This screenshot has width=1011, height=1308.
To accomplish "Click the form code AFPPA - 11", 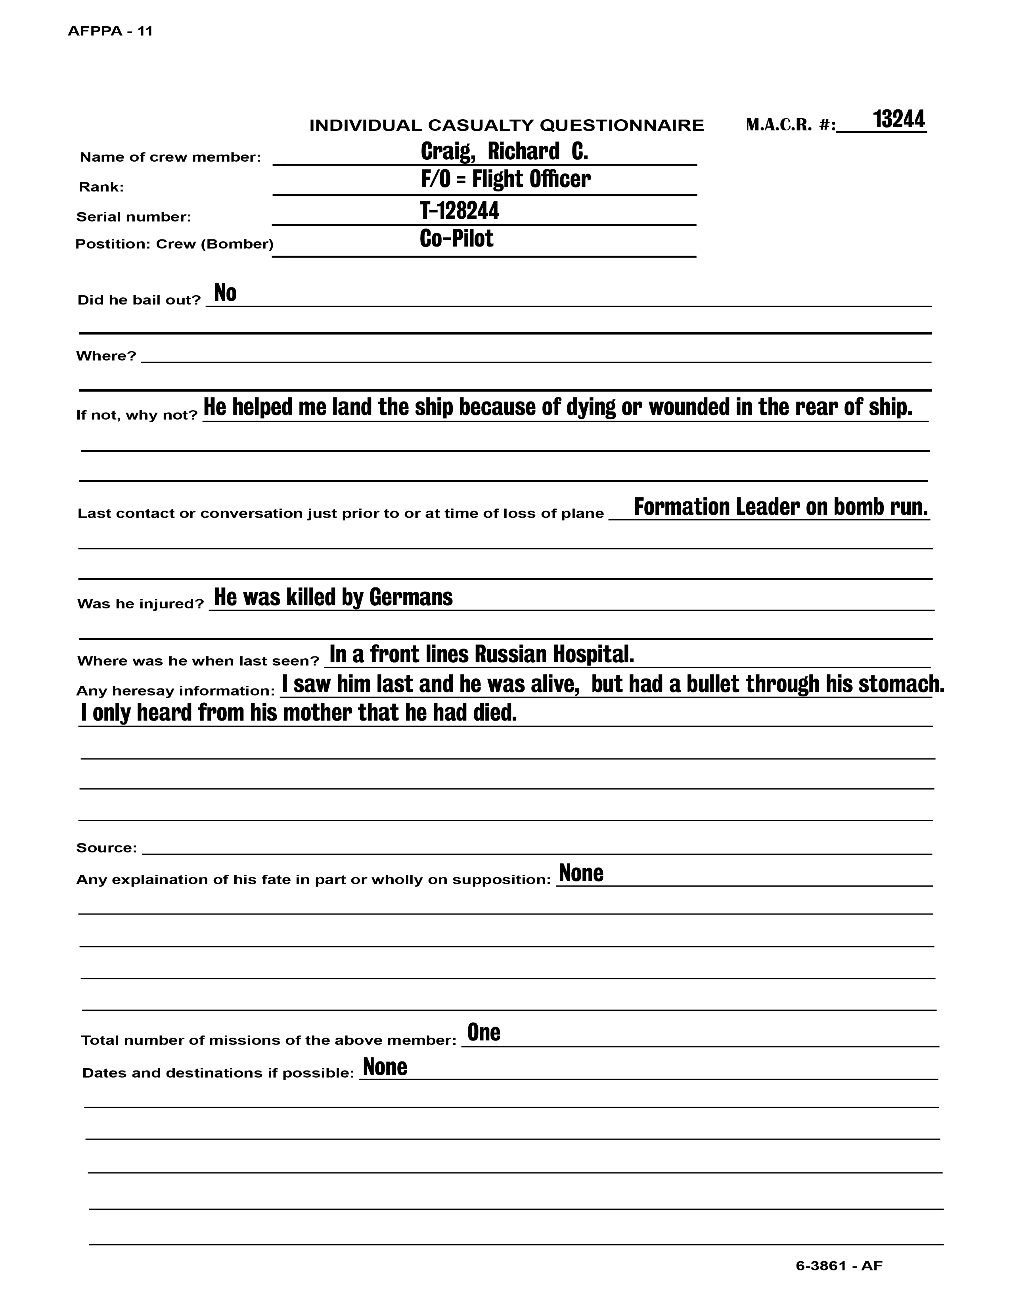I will pyautogui.click(x=110, y=31).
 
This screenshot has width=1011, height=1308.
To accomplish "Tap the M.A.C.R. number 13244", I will pyautogui.click(x=898, y=119).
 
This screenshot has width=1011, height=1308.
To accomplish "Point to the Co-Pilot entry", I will pyautogui.click(x=456, y=238).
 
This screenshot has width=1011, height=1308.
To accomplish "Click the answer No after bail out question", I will pyautogui.click(x=225, y=293).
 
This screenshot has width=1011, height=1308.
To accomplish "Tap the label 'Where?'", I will pyautogui.click(x=106, y=356).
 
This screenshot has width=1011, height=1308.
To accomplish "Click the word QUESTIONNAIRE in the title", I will pyautogui.click(x=622, y=126).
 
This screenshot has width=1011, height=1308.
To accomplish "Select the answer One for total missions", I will pyautogui.click(x=483, y=1033).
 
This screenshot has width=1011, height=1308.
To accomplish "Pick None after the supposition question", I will pyautogui.click(x=581, y=873).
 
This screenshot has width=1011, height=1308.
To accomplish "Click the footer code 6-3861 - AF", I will pyautogui.click(x=839, y=1266).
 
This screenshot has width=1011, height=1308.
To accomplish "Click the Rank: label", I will pyautogui.click(x=101, y=187).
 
